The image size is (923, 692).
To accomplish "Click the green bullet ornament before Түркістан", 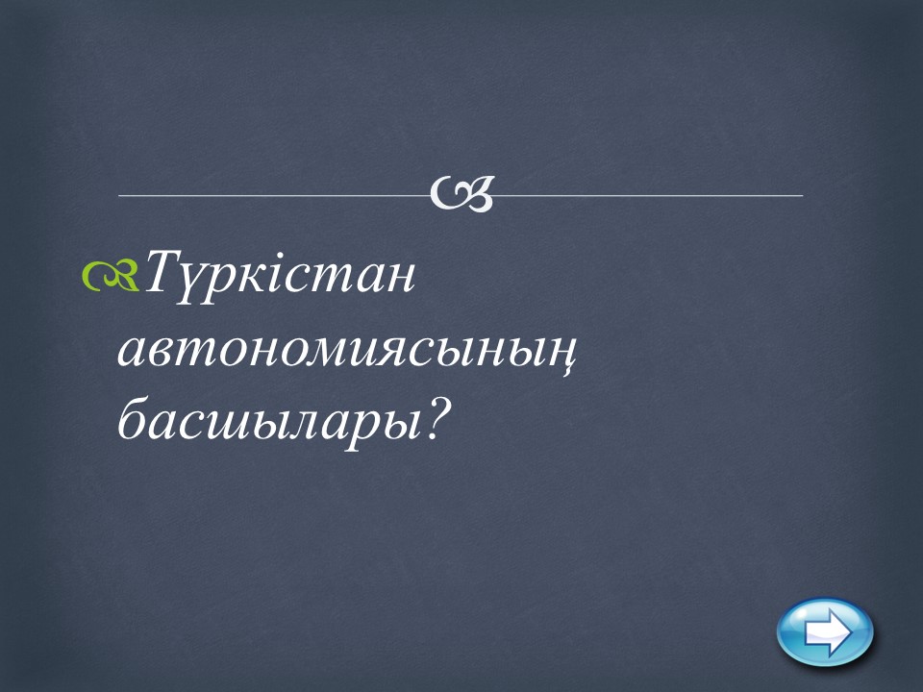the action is (x=111, y=276).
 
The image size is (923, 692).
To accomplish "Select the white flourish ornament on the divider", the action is (x=461, y=193).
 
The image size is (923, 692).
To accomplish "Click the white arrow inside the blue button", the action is (x=828, y=632).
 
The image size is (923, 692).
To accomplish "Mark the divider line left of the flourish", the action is (x=274, y=195).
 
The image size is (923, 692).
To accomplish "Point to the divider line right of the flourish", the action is (x=647, y=195).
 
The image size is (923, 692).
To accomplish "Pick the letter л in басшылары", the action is (x=310, y=423).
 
